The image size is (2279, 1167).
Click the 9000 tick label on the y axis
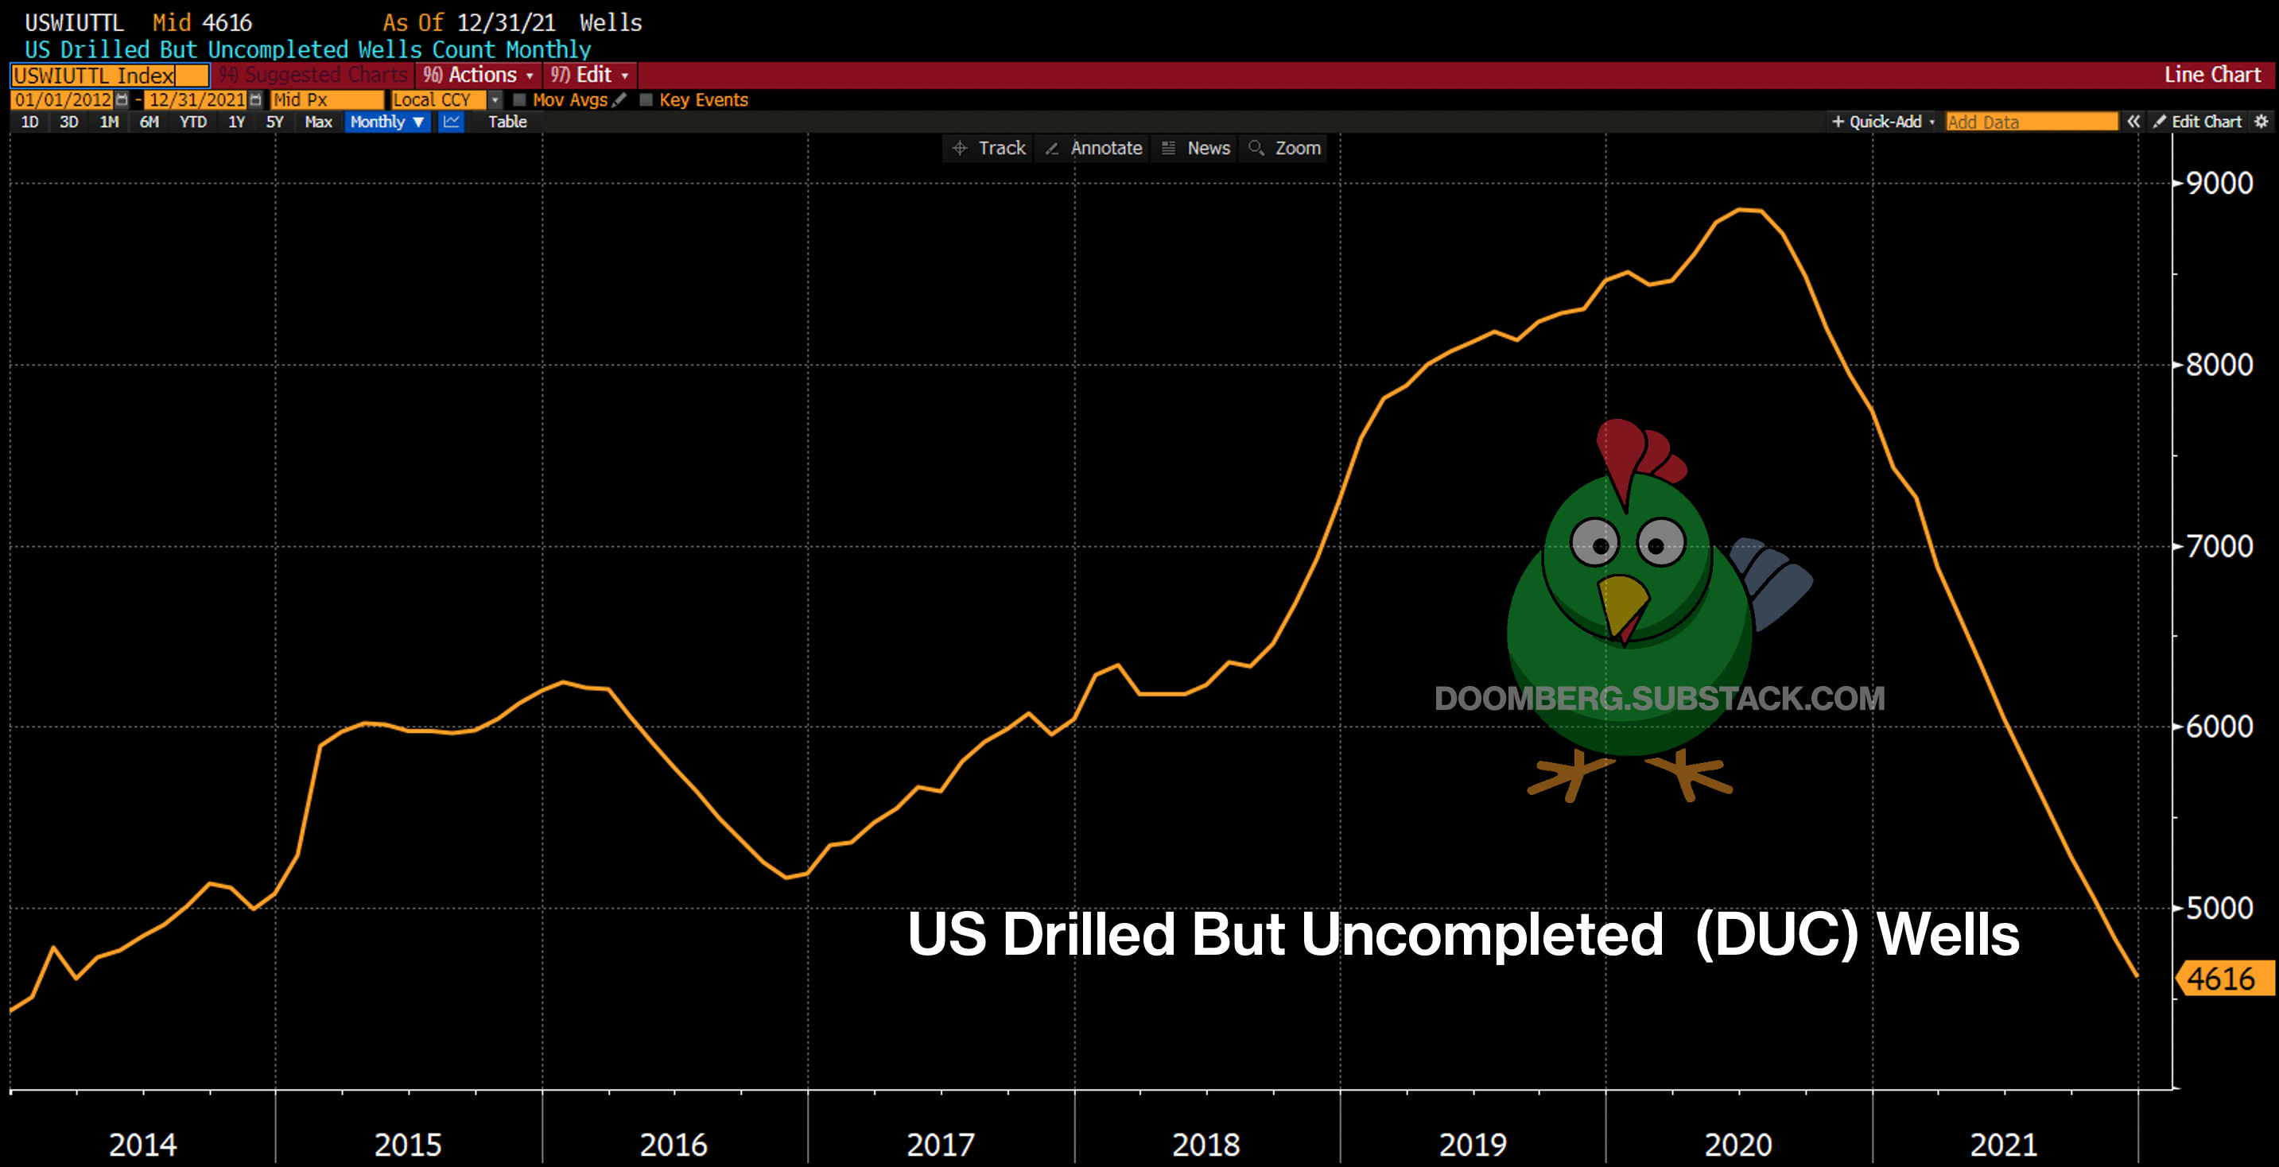2219,183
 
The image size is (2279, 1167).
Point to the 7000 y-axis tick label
2219,546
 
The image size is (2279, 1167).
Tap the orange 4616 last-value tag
2222,979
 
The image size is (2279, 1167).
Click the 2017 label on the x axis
940,1145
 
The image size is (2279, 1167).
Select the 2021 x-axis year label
2003,1145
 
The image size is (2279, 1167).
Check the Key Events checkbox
646,100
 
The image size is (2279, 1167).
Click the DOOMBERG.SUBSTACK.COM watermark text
1659,699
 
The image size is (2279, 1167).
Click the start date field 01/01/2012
63,100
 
